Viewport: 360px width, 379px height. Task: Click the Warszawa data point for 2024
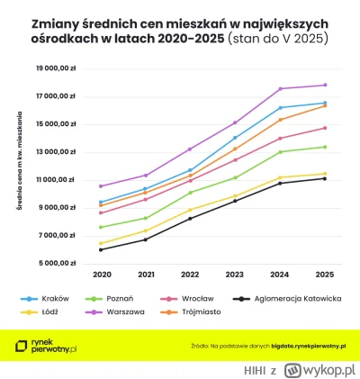tap(280, 88)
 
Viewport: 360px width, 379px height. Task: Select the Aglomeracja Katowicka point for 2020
tap(101, 249)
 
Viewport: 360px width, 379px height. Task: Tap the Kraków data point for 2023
tap(235, 138)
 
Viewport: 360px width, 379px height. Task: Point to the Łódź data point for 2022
tap(190, 210)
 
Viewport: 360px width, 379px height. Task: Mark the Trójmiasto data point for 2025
tap(324, 106)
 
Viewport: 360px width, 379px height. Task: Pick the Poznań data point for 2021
tap(146, 218)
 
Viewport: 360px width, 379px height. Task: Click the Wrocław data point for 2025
tap(324, 128)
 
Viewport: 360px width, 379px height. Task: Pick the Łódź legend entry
tap(47, 312)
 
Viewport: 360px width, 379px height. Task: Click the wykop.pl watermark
tap(319, 369)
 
